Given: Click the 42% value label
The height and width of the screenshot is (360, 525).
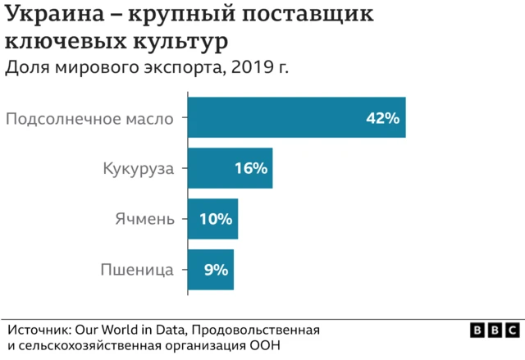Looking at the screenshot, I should [x=382, y=118].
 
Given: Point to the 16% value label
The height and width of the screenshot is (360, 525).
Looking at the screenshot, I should [x=250, y=168].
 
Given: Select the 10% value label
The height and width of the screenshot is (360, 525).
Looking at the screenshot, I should [x=217, y=219].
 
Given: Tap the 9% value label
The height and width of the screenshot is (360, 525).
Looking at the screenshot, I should [x=216, y=269].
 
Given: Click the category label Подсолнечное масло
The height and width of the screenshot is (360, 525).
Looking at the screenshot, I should [x=89, y=118].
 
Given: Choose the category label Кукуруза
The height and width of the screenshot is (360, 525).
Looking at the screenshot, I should [x=139, y=169].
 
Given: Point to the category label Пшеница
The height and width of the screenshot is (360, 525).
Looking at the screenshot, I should [x=137, y=269].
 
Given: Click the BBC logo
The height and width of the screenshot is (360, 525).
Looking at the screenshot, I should [x=495, y=329].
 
